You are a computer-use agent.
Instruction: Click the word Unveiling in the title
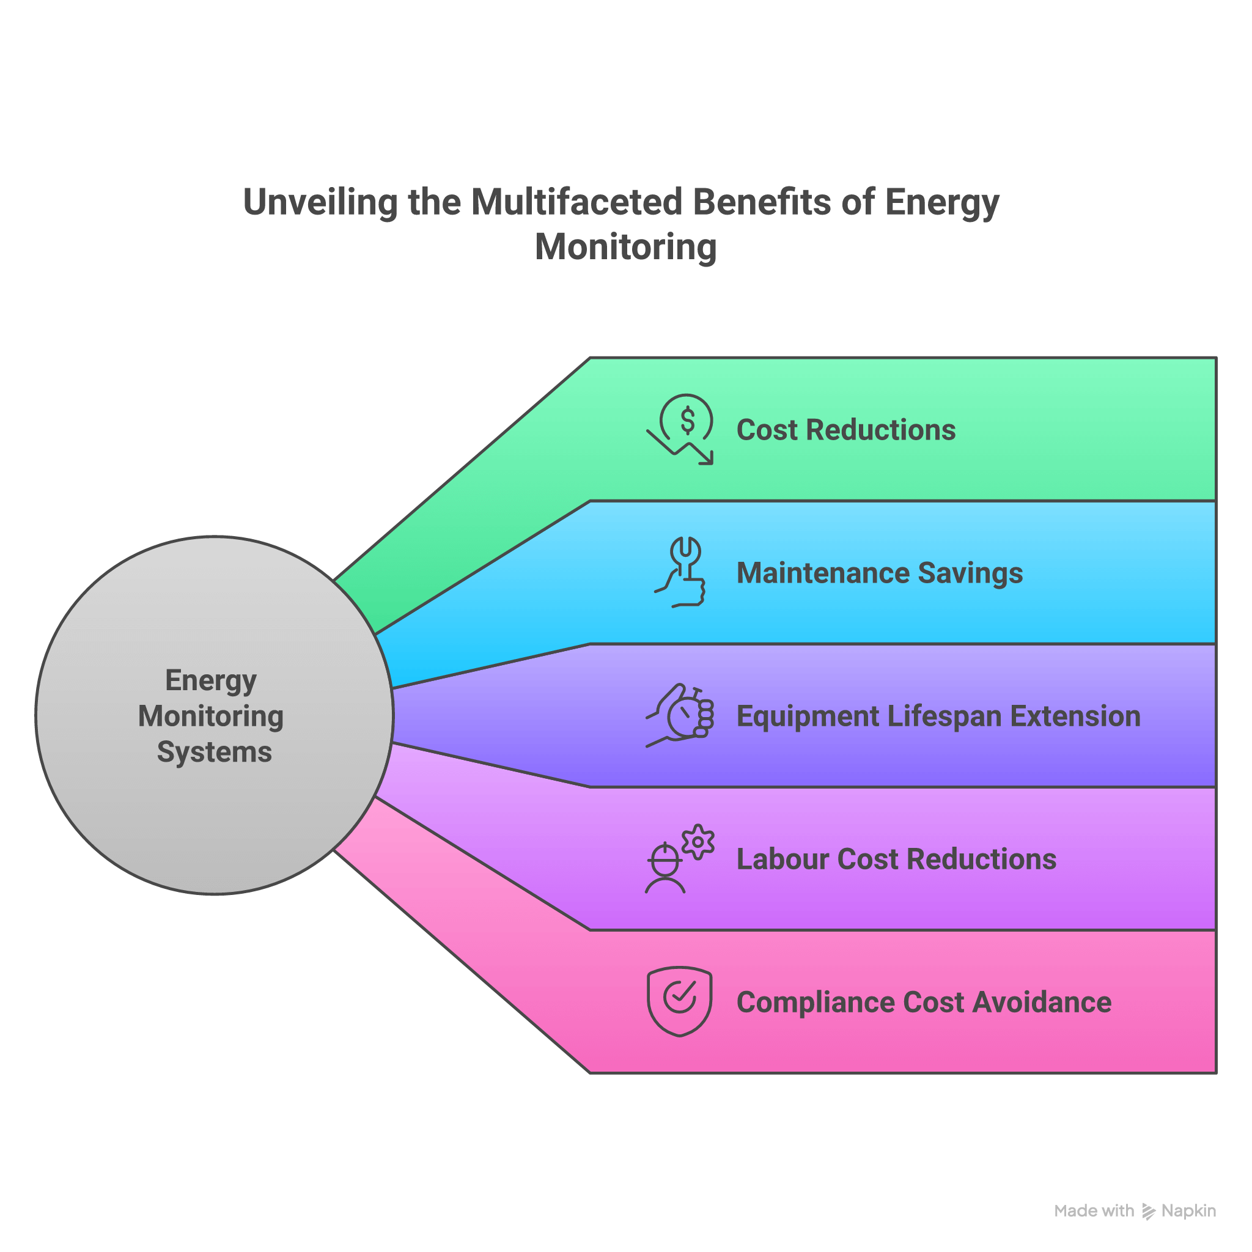(x=320, y=202)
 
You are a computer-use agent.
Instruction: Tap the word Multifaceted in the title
(x=576, y=202)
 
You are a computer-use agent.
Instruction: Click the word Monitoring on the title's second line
(x=625, y=247)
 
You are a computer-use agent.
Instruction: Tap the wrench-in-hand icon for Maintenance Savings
(x=681, y=572)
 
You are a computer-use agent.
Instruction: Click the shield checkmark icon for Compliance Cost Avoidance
(x=679, y=1001)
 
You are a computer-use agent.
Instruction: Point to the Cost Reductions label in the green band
(x=845, y=430)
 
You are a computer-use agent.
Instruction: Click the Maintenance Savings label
(x=879, y=573)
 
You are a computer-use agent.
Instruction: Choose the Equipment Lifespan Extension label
(x=938, y=716)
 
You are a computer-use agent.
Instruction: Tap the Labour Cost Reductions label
(x=896, y=860)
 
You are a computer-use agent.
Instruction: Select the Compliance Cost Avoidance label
(x=924, y=1002)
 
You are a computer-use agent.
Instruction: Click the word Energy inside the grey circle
(x=211, y=681)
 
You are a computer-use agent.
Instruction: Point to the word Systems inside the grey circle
(x=215, y=752)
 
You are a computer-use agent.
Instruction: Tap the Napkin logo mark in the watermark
(x=1148, y=1211)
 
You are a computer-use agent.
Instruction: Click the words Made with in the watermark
(x=1094, y=1210)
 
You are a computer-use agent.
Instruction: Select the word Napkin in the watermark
(x=1188, y=1210)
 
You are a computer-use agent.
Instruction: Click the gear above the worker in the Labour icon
(x=698, y=842)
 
